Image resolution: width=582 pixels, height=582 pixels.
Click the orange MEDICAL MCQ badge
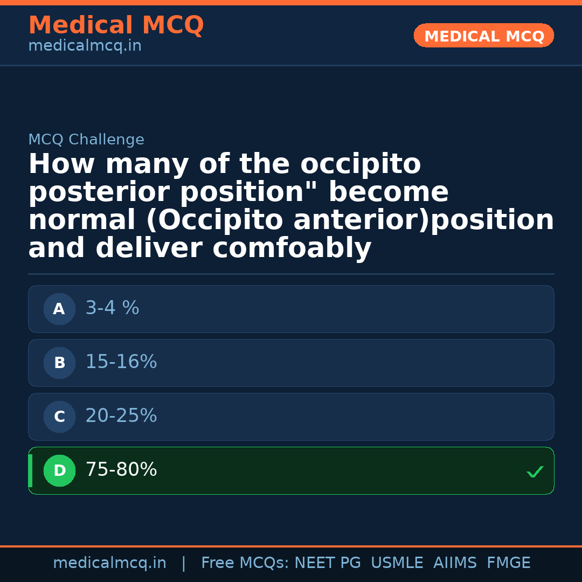[483, 36]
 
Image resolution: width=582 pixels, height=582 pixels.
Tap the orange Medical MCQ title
[116, 25]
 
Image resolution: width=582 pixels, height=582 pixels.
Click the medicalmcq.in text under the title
[85, 46]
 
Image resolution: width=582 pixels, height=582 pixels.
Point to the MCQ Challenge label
[86, 140]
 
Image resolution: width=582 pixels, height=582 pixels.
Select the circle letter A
[59, 309]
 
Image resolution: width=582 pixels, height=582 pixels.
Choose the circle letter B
[59, 363]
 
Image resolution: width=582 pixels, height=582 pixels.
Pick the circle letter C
[59, 417]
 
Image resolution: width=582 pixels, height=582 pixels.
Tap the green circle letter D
[59, 470]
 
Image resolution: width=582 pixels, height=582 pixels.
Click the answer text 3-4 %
[112, 308]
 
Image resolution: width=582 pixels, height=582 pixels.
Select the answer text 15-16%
[121, 362]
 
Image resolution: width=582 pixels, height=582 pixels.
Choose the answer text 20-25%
[121, 416]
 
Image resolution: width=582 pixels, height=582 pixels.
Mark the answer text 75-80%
[121, 470]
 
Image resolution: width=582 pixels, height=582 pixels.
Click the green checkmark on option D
[535, 472]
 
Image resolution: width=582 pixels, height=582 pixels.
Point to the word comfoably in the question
[292, 248]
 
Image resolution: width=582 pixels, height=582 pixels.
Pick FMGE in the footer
[508, 563]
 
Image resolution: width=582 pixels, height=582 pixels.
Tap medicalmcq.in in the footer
[109, 563]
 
